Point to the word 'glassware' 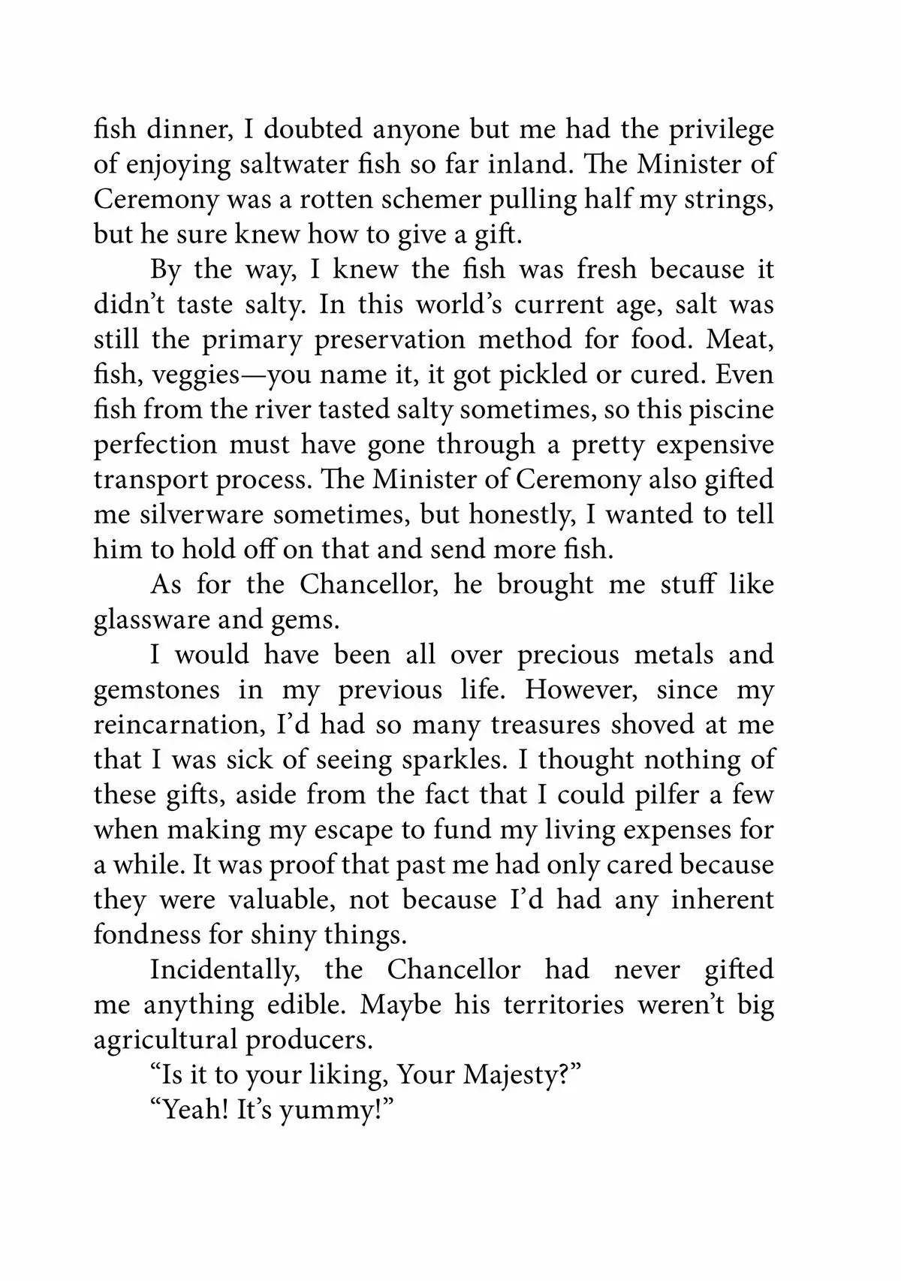tap(150, 619)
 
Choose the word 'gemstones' tap(156, 689)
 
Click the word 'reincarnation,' tap(180, 725)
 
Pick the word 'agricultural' tap(164, 1040)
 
